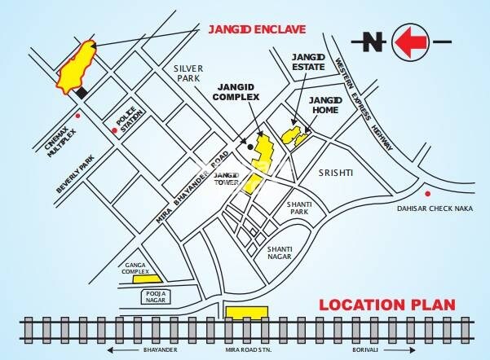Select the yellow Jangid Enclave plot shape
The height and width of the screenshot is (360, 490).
[x=76, y=68]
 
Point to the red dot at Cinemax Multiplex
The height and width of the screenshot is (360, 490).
[x=77, y=116]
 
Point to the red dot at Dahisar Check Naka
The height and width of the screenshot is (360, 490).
[x=429, y=193]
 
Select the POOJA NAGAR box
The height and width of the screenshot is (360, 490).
[x=156, y=295]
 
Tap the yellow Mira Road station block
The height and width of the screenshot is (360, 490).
[x=246, y=311]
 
